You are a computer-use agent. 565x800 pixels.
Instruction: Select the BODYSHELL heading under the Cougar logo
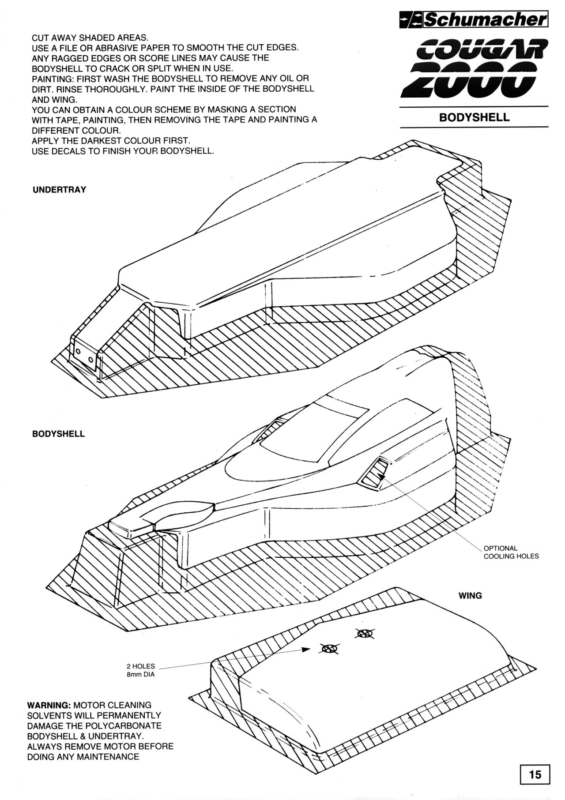pos(474,118)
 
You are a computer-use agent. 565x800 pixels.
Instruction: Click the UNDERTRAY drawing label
pos(60,190)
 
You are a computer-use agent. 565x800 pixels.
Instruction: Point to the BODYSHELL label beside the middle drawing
pos(58,434)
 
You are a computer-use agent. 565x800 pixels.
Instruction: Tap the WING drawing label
pos(470,596)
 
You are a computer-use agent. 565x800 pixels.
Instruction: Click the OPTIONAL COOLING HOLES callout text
pos(511,552)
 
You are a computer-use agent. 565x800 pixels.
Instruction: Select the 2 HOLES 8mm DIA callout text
pos(141,670)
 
